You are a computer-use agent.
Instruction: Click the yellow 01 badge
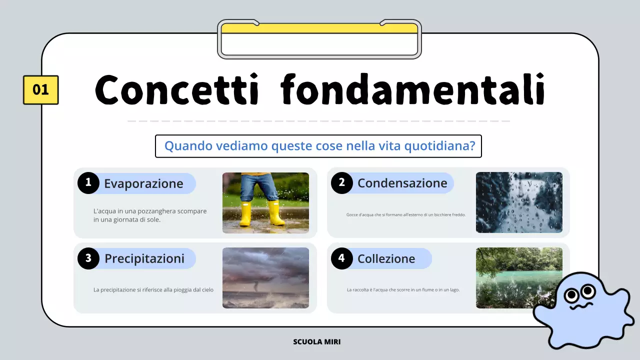[x=40, y=90]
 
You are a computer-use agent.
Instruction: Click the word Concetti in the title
[x=176, y=90]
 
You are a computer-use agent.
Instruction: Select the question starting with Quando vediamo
[x=318, y=146]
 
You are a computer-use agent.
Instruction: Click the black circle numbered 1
[x=88, y=183]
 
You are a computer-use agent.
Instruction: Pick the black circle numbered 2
[x=342, y=183]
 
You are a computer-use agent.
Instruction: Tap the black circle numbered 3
[x=88, y=258]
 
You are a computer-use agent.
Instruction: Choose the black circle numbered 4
[x=342, y=258]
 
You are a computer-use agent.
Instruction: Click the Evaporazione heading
[x=143, y=183]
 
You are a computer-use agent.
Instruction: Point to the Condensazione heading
[x=402, y=183]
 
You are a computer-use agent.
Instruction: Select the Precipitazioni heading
[x=144, y=258]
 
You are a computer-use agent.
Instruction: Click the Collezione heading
[x=386, y=258]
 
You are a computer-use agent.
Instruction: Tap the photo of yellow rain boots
[x=265, y=202]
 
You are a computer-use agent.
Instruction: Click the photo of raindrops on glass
[x=519, y=202]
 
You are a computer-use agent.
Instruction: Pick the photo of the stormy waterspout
[x=265, y=278]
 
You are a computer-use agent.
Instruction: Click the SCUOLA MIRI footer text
[x=317, y=342]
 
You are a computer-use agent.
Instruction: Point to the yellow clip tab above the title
[x=319, y=28]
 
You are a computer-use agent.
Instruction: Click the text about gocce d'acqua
[x=405, y=215]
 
